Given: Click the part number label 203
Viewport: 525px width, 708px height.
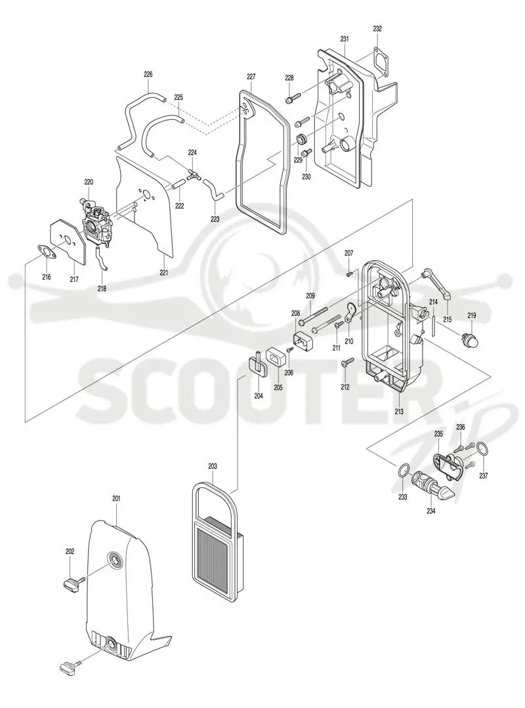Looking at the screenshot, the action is [213, 466].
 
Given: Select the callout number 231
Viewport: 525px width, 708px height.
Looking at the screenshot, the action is [345, 39].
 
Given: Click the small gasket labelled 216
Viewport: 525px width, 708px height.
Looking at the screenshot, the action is [45, 252].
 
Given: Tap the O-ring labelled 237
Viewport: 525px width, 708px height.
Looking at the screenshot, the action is [482, 450].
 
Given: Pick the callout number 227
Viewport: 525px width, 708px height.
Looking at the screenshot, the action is [251, 76].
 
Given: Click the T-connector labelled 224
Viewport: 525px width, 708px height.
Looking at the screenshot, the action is [192, 175].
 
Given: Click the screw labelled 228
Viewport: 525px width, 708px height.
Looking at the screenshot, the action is [293, 98].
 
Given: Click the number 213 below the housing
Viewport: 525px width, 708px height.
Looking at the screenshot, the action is [399, 411].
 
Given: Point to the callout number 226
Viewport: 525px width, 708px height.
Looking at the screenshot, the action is [148, 75].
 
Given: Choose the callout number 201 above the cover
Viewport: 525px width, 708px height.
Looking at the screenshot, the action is [116, 498].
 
